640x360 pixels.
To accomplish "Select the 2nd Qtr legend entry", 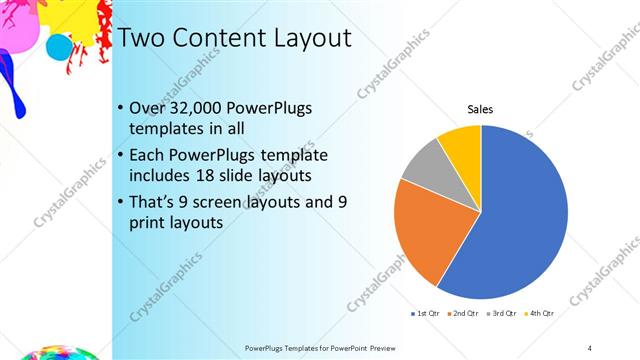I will coord(461,313).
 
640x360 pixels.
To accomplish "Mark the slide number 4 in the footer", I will coord(590,347).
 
